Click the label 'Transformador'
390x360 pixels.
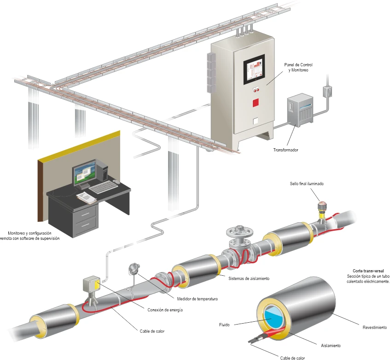[285, 150]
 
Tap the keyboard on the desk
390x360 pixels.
[102, 187]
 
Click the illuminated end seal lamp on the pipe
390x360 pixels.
[322, 204]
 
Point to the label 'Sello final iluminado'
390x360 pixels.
[307, 184]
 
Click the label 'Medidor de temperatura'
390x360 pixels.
[197, 299]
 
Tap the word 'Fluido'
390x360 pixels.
[225, 325]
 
